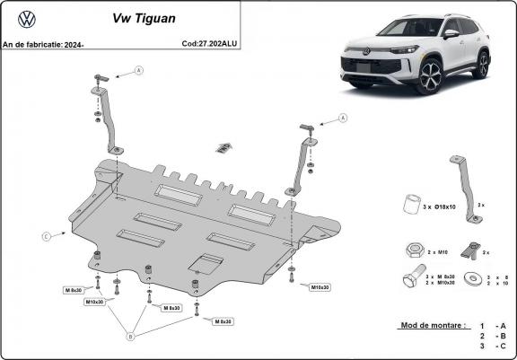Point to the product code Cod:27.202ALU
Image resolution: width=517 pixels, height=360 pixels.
(210, 42)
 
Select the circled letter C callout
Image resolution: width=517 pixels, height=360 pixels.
(45, 236)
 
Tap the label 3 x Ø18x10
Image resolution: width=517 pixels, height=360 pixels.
(439, 207)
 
